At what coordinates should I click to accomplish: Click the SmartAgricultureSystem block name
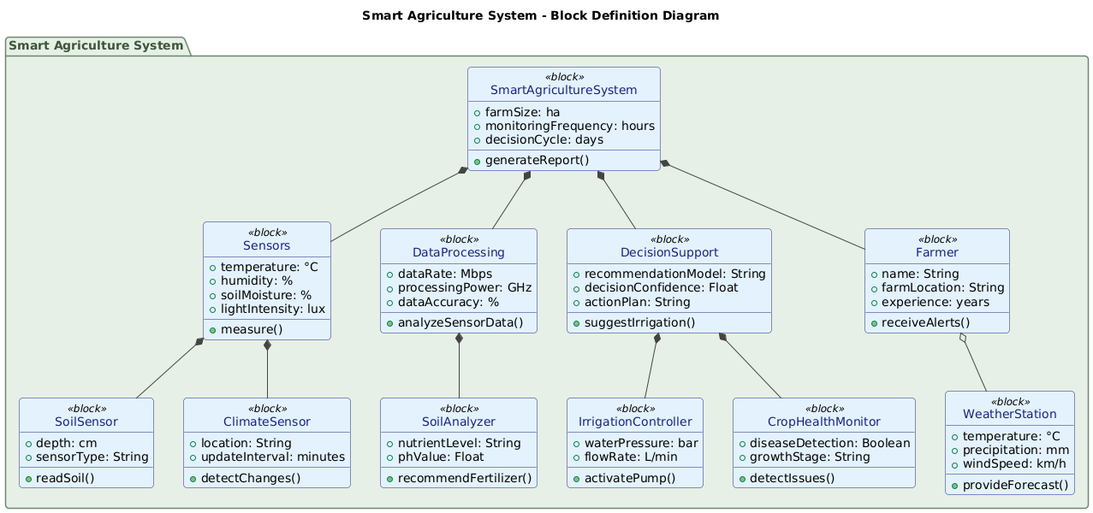click(563, 91)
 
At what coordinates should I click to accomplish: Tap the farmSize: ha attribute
click(522, 112)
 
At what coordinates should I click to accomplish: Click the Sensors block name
click(266, 246)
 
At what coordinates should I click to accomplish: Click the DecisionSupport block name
click(668, 252)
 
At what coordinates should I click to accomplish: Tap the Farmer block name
click(936, 252)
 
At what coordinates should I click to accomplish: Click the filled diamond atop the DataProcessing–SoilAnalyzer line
click(459, 339)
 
